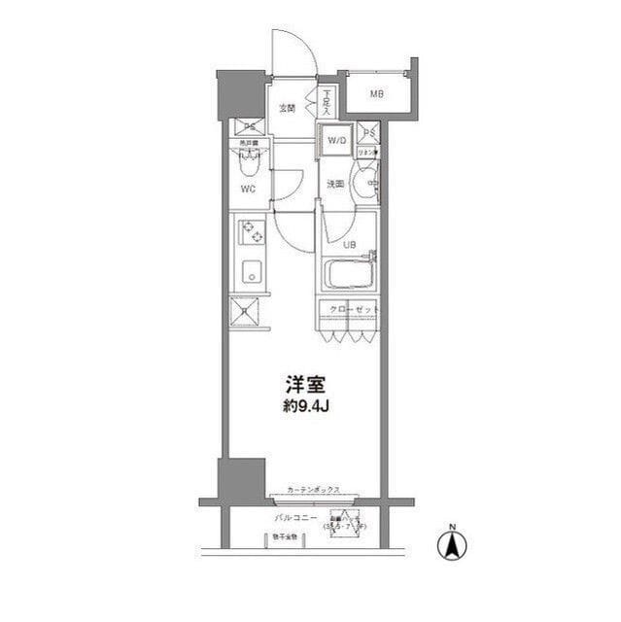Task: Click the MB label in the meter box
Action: (x=375, y=94)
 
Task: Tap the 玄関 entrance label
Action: (x=288, y=108)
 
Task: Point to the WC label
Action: (x=249, y=190)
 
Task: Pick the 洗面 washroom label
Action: (x=335, y=184)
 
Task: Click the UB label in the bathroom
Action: (x=349, y=244)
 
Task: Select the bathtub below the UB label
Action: (x=350, y=273)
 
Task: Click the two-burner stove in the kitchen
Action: (x=252, y=232)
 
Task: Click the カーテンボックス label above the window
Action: (x=313, y=490)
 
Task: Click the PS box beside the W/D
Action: (x=368, y=133)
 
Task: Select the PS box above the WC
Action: (x=250, y=127)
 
